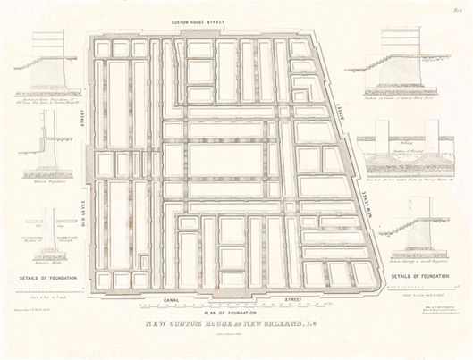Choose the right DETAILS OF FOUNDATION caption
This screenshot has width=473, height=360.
pyautogui.click(x=420, y=277)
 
